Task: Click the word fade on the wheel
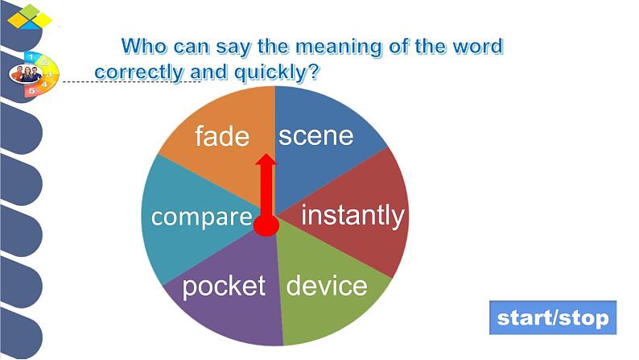click(222, 136)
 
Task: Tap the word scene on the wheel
click(315, 136)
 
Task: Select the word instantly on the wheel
click(352, 216)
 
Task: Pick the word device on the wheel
click(327, 285)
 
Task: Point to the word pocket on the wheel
click(224, 286)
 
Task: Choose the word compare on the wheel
click(202, 217)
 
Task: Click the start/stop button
click(553, 317)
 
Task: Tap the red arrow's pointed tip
click(266, 154)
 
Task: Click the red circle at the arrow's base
click(266, 225)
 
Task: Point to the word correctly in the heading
click(139, 72)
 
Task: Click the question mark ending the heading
click(313, 72)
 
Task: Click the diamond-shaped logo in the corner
click(30, 18)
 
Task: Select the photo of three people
click(26, 74)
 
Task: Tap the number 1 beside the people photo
click(30, 57)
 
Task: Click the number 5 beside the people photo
click(31, 90)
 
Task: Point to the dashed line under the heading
click(132, 82)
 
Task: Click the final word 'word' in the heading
click(479, 46)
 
